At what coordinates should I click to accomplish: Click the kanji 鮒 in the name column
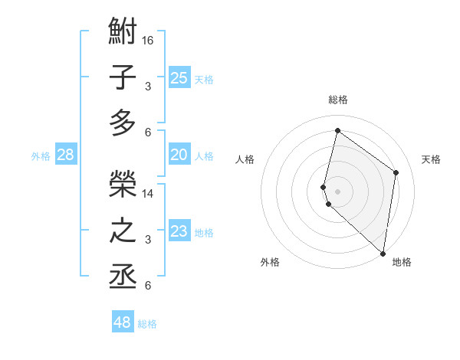tap(123, 34)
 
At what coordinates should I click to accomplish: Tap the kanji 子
tap(123, 78)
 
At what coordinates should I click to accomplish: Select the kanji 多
tap(123, 123)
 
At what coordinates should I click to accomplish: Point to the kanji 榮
tap(123, 184)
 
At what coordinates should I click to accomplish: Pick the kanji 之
tap(123, 231)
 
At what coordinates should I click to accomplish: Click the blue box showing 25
tap(179, 77)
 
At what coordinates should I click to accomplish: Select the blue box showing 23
tap(179, 231)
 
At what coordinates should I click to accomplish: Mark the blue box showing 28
tap(66, 155)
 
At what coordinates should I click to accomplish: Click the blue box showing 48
tap(123, 322)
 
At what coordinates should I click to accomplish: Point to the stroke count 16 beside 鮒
tap(148, 40)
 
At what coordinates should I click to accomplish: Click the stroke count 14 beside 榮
tap(148, 193)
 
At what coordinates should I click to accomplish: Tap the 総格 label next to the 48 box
tap(147, 324)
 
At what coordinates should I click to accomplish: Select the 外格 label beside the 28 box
tap(41, 156)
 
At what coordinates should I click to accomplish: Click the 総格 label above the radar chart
tap(337, 100)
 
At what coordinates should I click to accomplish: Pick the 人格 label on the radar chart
tap(245, 159)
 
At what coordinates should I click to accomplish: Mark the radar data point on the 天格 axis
tap(396, 172)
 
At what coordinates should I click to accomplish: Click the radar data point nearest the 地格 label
tap(383, 254)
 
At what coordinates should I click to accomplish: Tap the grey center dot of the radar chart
tap(337, 189)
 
